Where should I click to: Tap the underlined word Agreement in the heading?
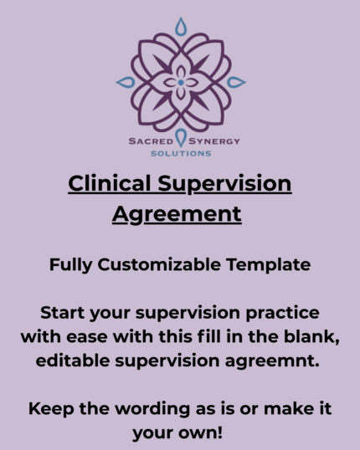pos(177,213)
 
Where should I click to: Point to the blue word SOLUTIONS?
pos(180,154)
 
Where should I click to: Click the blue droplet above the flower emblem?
pos(181,27)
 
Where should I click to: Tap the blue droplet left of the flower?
pos(126,82)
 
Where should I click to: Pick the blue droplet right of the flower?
pos(236,82)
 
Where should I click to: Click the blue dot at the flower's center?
pos(181,82)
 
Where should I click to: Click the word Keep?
pos(49,411)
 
